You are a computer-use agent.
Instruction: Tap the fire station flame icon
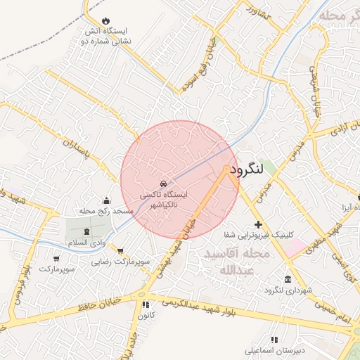pyautogui.click(x=105, y=20)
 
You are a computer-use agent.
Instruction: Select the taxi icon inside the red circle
pyautogui.click(x=164, y=183)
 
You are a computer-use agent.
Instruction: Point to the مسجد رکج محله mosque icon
pyautogui.click(x=106, y=200)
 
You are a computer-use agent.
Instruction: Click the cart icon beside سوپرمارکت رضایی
pyautogui.click(x=121, y=250)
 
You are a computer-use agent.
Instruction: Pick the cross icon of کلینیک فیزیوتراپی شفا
pyautogui.click(x=259, y=224)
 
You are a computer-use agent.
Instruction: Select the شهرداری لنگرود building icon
pyautogui.click(x=288, y=279)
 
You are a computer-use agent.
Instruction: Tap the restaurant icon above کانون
pyautogui.click(x=146, y=304)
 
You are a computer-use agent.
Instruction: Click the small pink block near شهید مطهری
pyautogui.click(x=296, y=245)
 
